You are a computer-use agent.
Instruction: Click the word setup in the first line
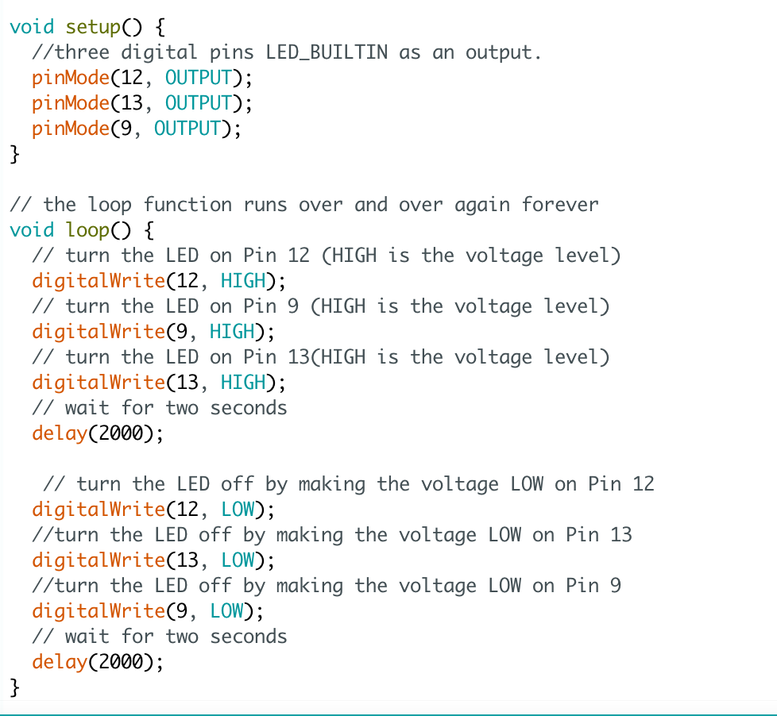(92, 27)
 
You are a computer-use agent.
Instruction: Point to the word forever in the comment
(559, 205)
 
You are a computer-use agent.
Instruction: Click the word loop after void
(87, 230)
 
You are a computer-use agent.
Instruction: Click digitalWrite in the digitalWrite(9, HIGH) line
(99, 332)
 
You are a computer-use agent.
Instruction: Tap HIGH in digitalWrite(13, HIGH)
(243, 383)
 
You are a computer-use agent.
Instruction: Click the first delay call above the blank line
(59, 433)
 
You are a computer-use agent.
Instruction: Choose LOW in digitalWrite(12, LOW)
(238, 510)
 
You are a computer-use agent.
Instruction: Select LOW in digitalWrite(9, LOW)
(226, 611)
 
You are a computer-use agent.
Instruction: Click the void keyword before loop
(32, 230)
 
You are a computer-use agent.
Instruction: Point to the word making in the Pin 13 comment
(310, 535)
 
